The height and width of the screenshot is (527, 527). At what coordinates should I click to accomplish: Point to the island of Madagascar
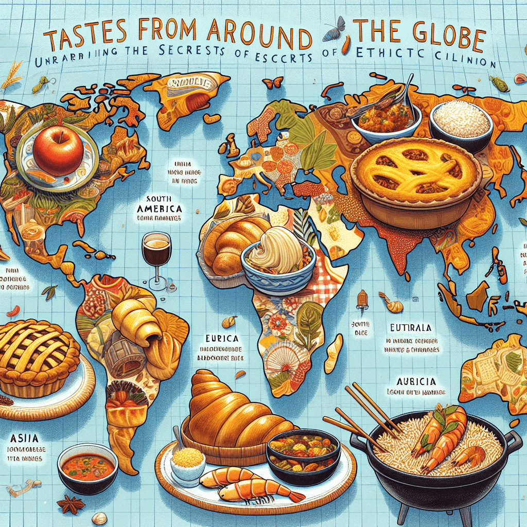[x=333, y=353]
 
